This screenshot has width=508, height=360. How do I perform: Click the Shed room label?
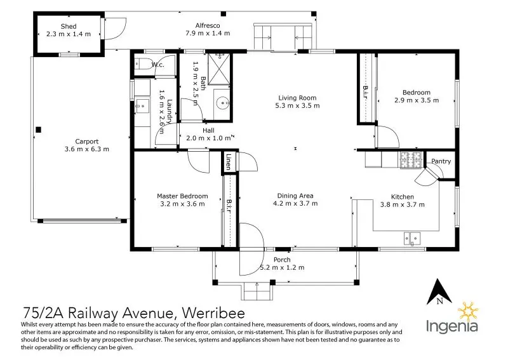coord(69,26)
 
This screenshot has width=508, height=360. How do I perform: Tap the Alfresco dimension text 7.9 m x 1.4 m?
coord(208,34)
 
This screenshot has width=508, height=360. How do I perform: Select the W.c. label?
coord(158,64)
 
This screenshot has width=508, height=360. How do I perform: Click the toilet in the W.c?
coord(143,63)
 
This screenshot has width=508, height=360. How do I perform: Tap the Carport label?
coord(87,142)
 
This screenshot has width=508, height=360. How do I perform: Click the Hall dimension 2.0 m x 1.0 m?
coord(208,138)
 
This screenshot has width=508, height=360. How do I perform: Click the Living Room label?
coord(297,98)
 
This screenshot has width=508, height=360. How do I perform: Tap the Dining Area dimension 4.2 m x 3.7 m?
coord(295,204)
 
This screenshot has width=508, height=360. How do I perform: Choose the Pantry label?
coord(441,161)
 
